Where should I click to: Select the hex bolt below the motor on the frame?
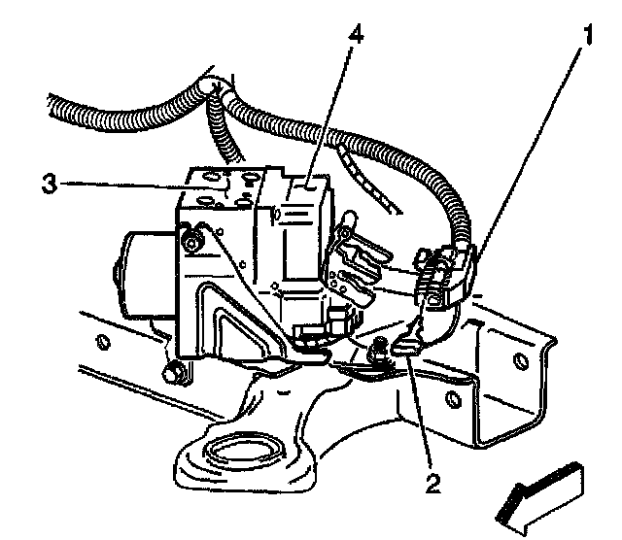[175, 370]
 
